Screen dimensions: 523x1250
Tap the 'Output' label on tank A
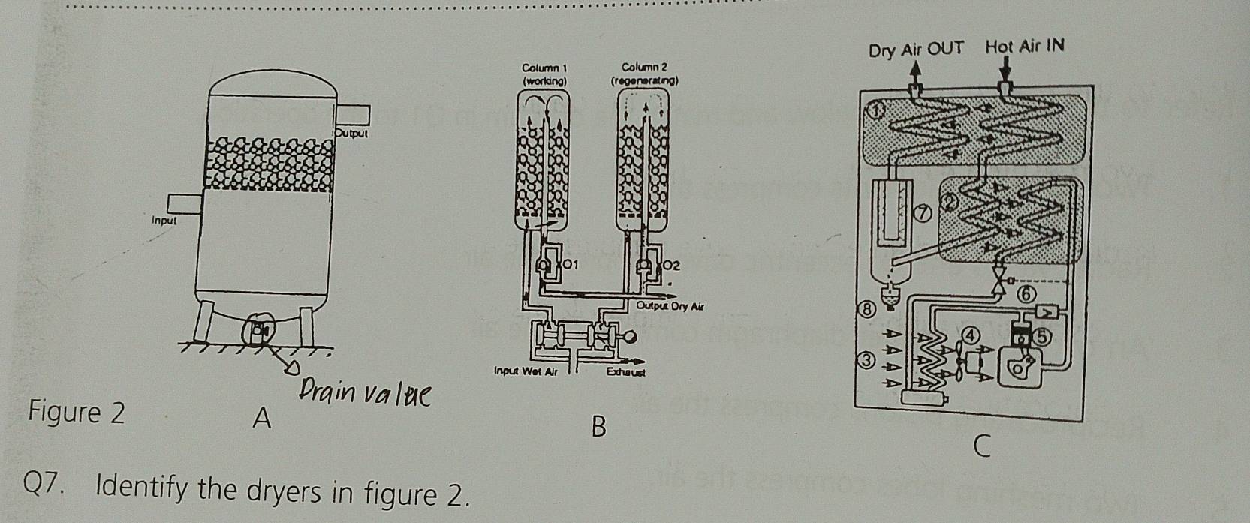click(351, 134)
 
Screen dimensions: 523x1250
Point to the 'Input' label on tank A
click(164, 221)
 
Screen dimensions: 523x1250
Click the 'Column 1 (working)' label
click(544, 74)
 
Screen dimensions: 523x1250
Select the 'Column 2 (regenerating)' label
click(644, 74)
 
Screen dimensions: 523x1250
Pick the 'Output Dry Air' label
click(670, 306)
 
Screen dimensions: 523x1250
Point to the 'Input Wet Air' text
click(526, 371)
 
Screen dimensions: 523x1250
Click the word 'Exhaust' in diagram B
click(626, 371)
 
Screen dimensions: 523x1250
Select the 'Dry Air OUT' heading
click(916, 50)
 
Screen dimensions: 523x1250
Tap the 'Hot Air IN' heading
click(1025, 47)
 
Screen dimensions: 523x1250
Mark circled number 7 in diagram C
click(923, 215)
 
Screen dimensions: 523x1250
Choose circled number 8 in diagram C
click(869, 308)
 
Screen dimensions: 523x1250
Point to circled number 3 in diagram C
click(867, 361)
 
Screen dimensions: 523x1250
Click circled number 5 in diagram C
click(1042, 337)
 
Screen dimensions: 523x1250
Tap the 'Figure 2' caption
click(76, 413)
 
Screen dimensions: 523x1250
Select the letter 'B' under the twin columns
click(598, 427)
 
